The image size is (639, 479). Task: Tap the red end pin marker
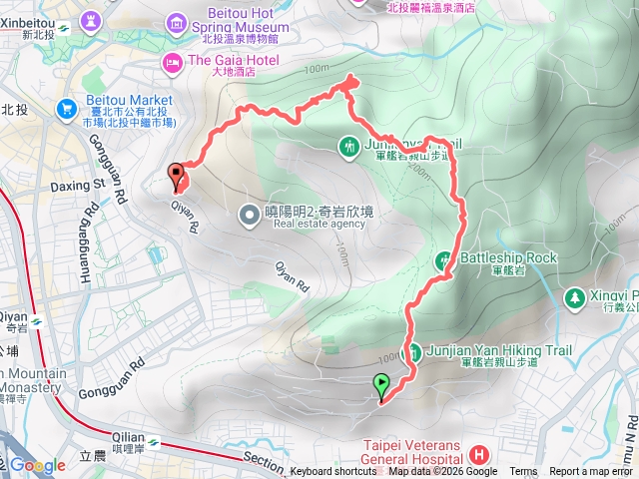pyautogui.click(x=178, y=175)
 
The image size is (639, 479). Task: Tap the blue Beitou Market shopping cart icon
pyautogui.click(x=67, y=107)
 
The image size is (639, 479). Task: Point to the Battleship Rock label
pyautogui.click(x=507, y=257)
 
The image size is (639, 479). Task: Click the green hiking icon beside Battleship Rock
pyautogui.click(x=444, y=260)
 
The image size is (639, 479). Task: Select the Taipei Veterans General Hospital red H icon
pyautogui.click(x=483, y=454)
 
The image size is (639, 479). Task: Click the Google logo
pyautogui.click(x=38, y=466)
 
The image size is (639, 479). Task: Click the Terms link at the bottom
pyautogui.click(x=522, y=472)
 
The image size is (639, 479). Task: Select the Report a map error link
pyautogui.click(x=593, y=472)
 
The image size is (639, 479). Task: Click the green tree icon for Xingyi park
pyautogui.click(x=574, y=297)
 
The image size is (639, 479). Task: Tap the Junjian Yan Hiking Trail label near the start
pyautogui.click(x=485, y=350)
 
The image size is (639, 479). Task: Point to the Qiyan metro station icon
pyautogui.click(x=36, y=321)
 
